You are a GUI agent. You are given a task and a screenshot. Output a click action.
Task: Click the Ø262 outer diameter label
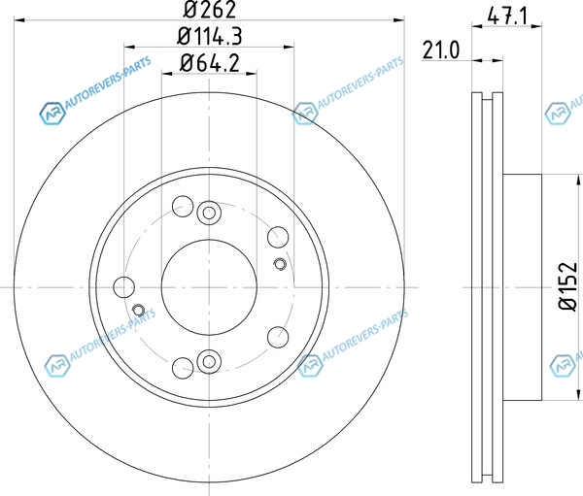[209, 10]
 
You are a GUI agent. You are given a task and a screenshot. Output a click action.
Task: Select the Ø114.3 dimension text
[209, 37]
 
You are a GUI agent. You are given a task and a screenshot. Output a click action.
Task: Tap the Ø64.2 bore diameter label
[209, 63]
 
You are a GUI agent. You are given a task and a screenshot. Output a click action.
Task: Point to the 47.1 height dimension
[507, 16]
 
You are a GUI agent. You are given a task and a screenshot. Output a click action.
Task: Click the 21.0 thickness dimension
[441, 50]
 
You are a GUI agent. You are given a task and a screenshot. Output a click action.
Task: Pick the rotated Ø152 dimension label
[568, 286]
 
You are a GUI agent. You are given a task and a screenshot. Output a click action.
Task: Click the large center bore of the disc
[209, 287]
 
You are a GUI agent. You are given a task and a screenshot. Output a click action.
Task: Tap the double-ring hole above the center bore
[209, 213]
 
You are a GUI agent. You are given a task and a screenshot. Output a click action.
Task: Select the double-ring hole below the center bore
[209, 361]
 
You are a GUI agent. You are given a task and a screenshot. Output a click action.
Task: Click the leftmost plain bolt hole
[123, 287]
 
